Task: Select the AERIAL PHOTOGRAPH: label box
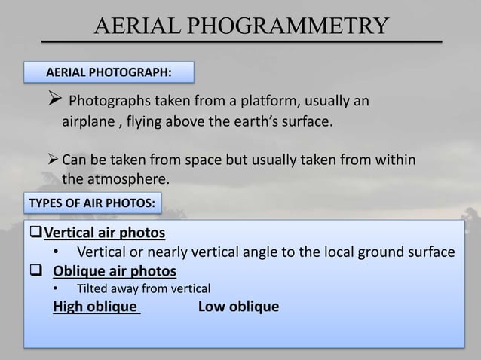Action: point(109,72)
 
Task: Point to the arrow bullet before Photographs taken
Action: point(54,102)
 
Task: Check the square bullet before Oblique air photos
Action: point(35,270)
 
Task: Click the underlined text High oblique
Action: point(97,307)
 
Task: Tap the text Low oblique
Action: point(238,307)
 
